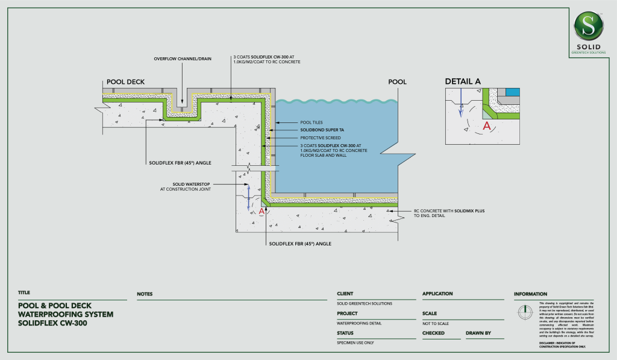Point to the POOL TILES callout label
[x=312, y=122]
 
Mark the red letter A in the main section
[x=262, y=212]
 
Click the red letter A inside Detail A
[x=487, y=126]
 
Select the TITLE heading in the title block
[x=24, y=292]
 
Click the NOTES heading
[x=145, y=294]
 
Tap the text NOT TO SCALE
[x=438, y=324]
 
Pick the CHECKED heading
[x=433, y=333]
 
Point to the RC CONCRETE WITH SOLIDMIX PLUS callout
[x=449, y=211]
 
